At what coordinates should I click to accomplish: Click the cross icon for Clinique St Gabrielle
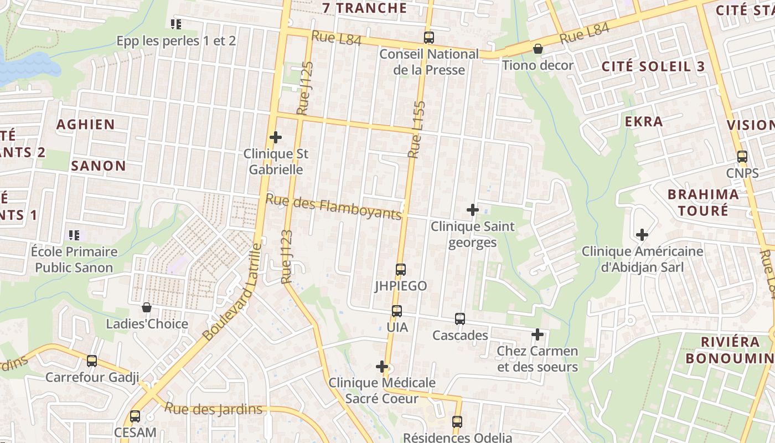[x=275, y=137]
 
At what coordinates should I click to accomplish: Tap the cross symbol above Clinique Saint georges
[x=472, y=210]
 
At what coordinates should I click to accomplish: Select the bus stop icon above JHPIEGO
[x=401, y=270]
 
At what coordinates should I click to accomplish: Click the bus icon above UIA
[x=397, y=311]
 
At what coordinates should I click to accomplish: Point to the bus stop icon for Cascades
[x=460, y=319]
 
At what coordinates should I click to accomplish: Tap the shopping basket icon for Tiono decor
[x=538, y=49]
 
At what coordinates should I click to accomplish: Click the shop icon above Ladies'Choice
[x=147, y=307]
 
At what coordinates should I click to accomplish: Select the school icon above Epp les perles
[x=176, y=24]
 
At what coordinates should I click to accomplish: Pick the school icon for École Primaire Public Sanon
[x=74, y=235]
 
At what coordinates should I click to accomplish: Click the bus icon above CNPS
[x=742, y=157]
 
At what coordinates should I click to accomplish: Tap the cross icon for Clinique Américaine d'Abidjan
[x=642, y=235]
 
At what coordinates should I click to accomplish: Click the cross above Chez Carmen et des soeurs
[x=537, y=334]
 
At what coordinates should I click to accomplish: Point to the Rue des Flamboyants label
[x=333, y=207]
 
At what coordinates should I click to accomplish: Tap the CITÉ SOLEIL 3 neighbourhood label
[x=653, y=66]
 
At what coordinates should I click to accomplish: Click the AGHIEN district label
[x=86, y=124]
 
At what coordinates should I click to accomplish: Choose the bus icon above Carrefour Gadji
[x=92, y=361]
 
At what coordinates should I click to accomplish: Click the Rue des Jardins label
[x=214, y=409]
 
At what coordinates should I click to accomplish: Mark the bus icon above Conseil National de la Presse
[x=429, y=38]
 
